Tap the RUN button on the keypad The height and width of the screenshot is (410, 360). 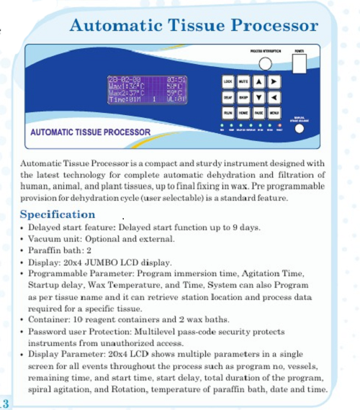pyautogui.click(x=228, y=114)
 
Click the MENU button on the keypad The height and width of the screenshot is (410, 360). pyautogui.click(x=274, y=114)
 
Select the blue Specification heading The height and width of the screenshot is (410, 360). pyautogui.click(x=57, y=214)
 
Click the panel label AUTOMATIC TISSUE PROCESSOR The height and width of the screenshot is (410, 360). pyautogui.click(x=90, y=132)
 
